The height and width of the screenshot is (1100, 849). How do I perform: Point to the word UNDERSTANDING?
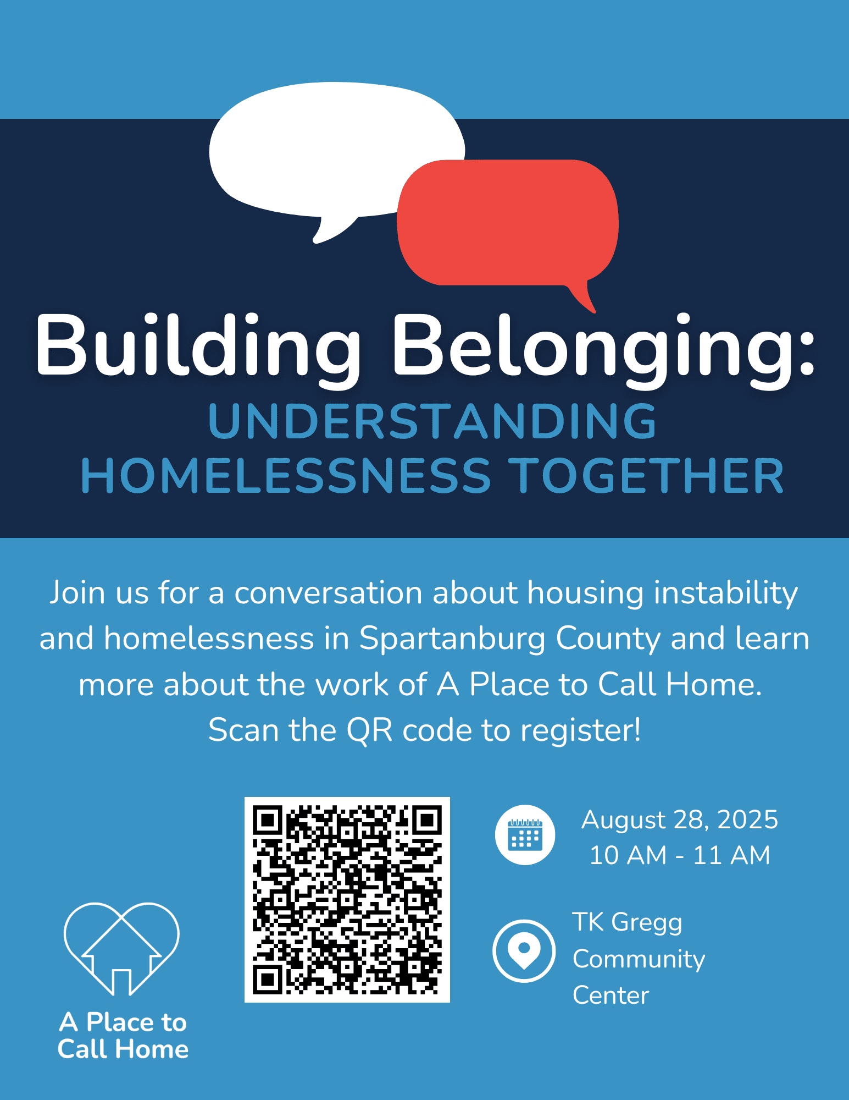(x=432, y=421)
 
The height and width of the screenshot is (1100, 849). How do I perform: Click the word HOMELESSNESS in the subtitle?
(x=286, y=476)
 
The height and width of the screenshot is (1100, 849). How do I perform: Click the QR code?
(x=347, y=900)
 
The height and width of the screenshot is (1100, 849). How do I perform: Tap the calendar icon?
(x=525, y=835)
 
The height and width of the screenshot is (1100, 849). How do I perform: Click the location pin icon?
(x=524, y=951)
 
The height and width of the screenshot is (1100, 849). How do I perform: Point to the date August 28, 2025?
(x=680, y=820)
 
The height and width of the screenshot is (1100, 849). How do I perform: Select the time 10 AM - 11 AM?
(x=680, y=855)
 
